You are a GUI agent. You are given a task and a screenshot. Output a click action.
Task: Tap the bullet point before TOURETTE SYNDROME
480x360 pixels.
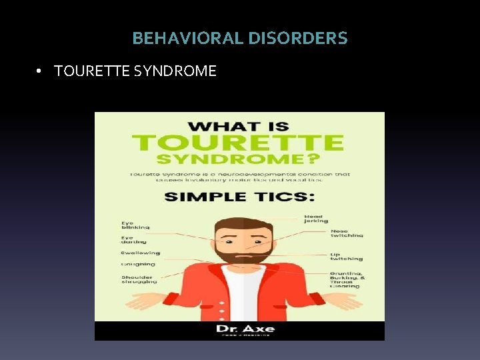pyautogui.click(x=41, y=71)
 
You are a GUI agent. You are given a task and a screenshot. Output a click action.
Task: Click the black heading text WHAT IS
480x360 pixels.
pyautogui.click(x=239, y=125)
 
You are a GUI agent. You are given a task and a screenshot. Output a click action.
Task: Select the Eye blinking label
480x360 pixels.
pyautogui.click(x=135, y=225)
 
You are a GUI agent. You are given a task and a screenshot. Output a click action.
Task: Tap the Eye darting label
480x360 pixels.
pyautogui.click(x=133, y=240)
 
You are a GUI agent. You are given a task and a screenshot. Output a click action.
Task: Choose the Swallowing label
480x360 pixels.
pyautogui.click(x=140, y=253)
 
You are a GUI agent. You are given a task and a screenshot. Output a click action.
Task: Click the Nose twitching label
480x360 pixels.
pyautogui.click(x=347, y=234)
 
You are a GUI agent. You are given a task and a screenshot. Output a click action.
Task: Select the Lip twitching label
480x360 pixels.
pyautogui.click(x=346, y=257)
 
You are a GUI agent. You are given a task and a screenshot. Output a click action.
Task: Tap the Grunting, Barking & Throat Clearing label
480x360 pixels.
pyautogui.click(x=346, y=279)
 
